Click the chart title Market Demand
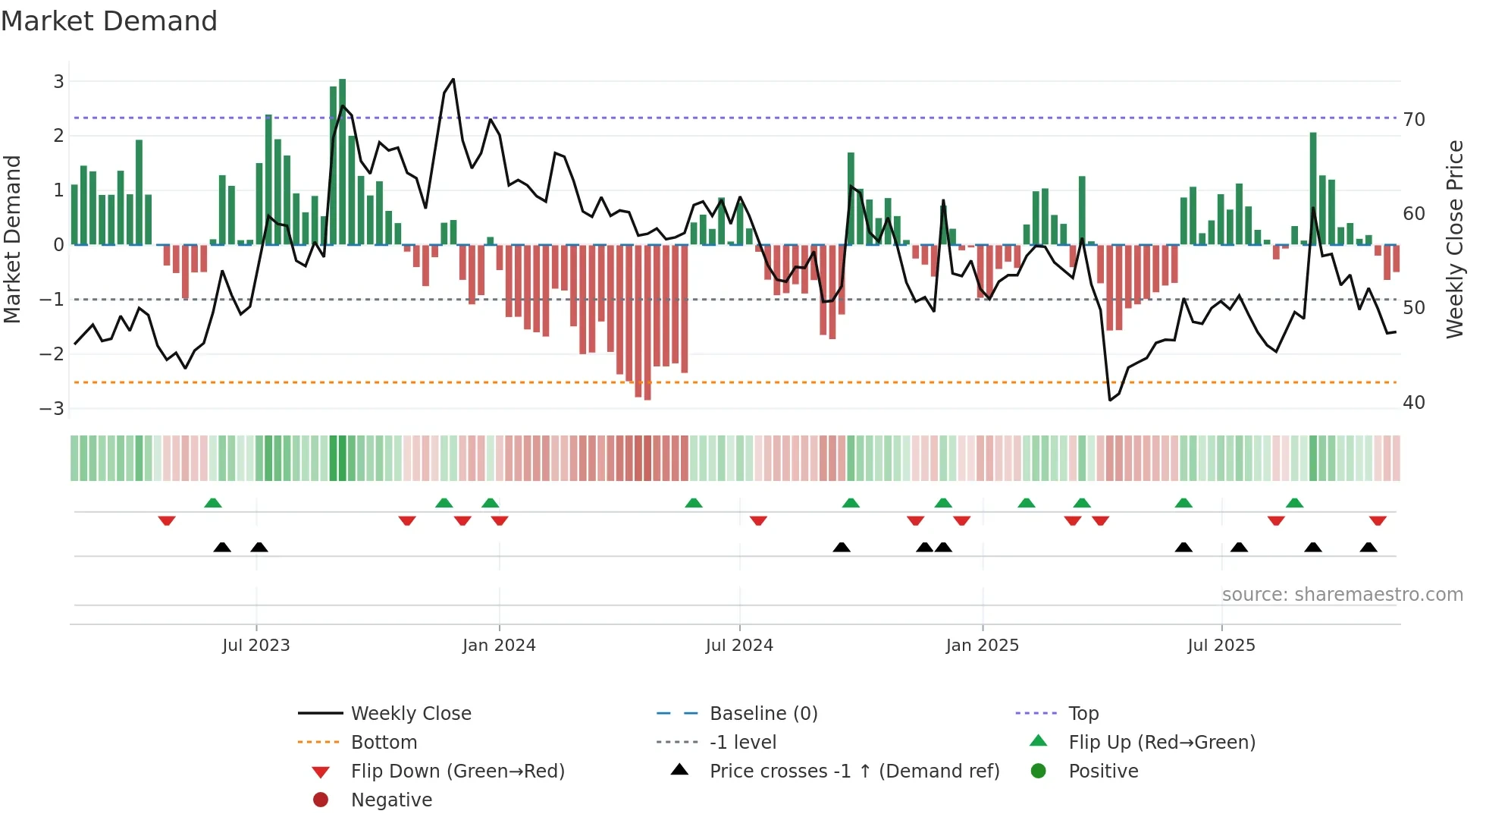click(109, 21)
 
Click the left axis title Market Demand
click(13, 239)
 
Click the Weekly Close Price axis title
click(1454, 239)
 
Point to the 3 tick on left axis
click(58, 81)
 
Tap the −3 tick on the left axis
click(52, 409)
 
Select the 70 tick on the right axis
click(1414, 120)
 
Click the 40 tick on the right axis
click(1414, 403)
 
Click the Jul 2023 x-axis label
click(256, 646)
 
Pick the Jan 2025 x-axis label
click(983, 646)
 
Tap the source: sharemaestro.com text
click(1342, 595)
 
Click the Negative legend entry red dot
click(321, 800)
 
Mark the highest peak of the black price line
click(453, 79)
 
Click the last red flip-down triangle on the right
click(1378, 520)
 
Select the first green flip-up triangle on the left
click(213, 503)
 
